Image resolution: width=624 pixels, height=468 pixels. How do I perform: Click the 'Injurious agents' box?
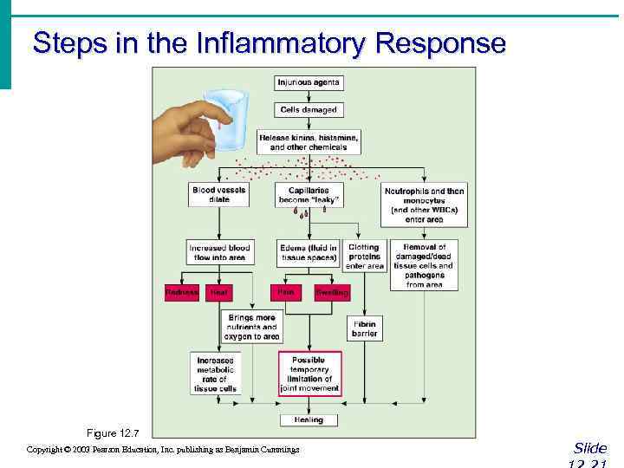(309, 83)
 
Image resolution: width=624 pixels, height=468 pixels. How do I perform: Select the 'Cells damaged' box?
(309, 110)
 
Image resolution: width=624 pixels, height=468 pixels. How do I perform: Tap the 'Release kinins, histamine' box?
(309, 142)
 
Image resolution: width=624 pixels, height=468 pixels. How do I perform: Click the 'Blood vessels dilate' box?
(218, 195)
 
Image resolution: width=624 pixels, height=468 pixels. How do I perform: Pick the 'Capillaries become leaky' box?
(309, 195)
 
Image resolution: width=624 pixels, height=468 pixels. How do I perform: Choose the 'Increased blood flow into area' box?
(218, 252)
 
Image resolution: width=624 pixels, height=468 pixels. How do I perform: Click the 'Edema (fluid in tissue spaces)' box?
(309, 252)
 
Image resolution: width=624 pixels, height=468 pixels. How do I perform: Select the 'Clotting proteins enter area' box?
(364, 257)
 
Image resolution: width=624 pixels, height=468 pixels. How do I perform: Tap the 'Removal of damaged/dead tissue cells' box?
(424, 265)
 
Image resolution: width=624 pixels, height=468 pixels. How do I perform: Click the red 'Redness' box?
(182, 293)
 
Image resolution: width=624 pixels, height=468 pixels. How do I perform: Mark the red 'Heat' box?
(218, 293)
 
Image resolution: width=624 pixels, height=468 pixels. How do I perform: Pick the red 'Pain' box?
(285, 293)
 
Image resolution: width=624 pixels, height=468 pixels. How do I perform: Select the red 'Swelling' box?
(331, 293)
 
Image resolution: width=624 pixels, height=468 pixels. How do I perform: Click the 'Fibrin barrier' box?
(364, 328)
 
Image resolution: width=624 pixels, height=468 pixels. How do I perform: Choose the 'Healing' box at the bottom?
(309, 419)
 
